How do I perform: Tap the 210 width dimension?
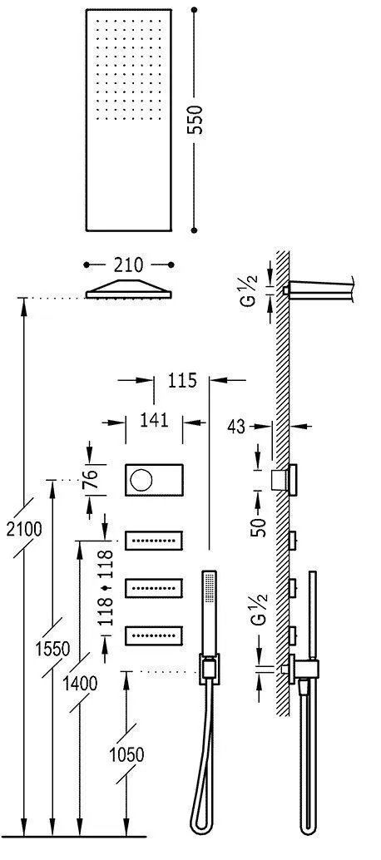(x=128, y=264)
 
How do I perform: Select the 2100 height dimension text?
(x=23, y=529)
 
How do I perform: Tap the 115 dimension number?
(x=181, y=382)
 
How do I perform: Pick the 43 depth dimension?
(x=237, y=428)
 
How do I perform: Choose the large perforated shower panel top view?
(x=127, y=119)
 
